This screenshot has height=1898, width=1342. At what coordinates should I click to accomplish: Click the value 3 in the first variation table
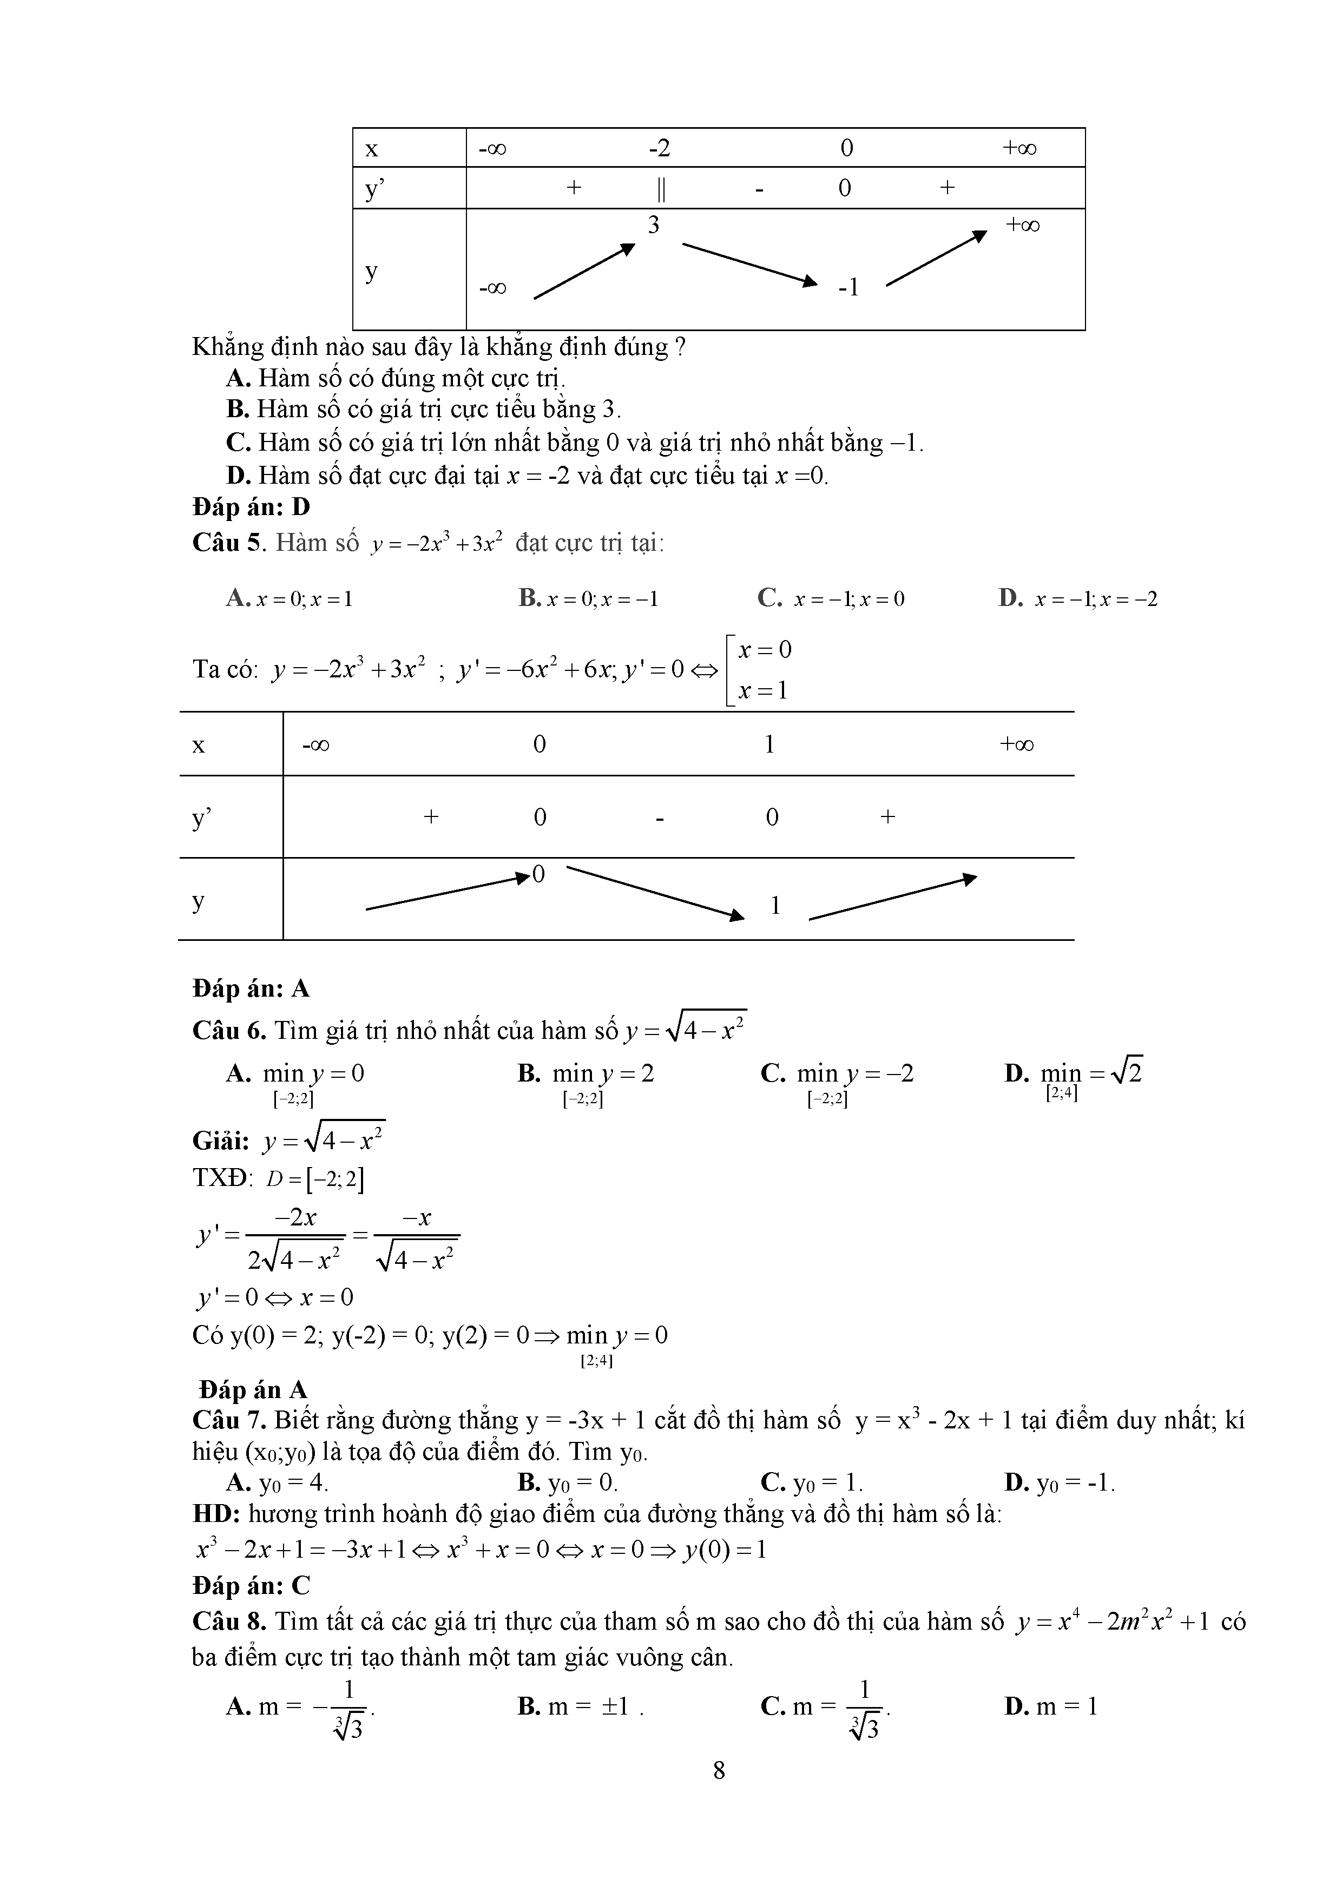(x=653, y=225)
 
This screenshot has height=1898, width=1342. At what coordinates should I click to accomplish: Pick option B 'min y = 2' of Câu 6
(x=586, y=1074)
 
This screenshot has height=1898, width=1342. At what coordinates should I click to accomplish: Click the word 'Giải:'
(x=221, y=1142)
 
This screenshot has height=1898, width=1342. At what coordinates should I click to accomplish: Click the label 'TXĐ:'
(x=222, y=1178)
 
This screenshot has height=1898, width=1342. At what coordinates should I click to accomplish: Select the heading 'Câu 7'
(x=229, y=1420)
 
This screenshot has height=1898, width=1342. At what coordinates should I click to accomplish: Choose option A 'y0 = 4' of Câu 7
(x=277, y=1482)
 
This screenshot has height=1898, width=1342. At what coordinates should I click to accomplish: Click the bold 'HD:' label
(x=216, y=1514)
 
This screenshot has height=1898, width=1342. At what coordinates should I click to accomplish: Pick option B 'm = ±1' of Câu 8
(x=581, y=1706)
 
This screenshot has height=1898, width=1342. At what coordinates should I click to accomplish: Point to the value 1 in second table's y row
(x=775, y=906)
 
